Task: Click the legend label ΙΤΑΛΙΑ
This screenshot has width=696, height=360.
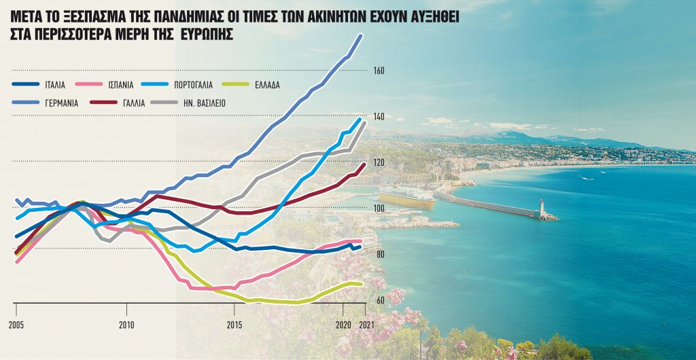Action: (x=55, y=85)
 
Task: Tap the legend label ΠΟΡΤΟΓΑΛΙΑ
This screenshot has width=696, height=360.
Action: (x=194, y=85)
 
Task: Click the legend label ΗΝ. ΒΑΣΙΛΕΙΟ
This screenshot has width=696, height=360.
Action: (x=202, y=103)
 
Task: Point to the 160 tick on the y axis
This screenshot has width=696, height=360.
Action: (x=379, y=71)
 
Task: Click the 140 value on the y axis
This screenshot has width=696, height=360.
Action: (x=379, y=117)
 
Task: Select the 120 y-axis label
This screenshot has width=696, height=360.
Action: (x=379, y=162)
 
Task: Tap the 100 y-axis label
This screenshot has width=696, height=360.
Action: (x=379, y=209)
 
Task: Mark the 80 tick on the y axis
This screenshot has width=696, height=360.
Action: (x=379, y=254)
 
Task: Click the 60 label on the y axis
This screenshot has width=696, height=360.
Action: (x=379, y=300)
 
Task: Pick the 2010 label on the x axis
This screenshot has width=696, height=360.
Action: (x=126, y=325)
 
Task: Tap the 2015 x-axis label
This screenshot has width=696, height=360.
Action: (x=234, y=325)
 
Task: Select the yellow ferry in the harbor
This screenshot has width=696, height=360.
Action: (x=407, y=198)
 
